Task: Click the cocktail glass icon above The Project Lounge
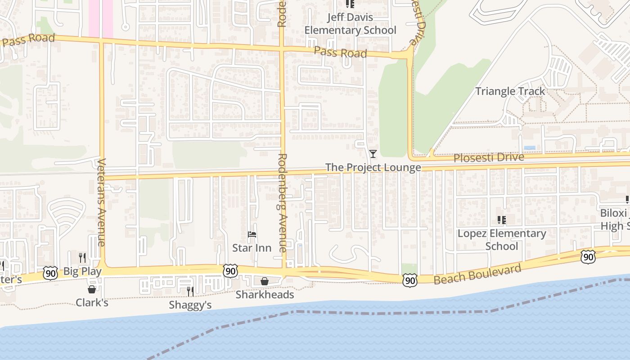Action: pos(373,154)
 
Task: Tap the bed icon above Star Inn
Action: pos(252,234)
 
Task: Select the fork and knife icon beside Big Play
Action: pos(82,257)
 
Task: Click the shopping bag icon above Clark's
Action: pos(92,289)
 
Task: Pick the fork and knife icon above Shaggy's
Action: pos(190,292)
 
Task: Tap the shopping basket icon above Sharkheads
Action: pos(265,281)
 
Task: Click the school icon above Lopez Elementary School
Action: pos(502,220)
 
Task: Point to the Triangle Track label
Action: pos(510,91)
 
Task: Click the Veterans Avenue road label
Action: pos(101,202)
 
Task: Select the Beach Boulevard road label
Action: pos(477,274)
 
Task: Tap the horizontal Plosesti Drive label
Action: pos(489,158)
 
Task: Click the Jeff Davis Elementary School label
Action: pos(350,24)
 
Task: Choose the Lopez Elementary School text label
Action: pos(502,240)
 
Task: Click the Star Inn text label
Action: pos(252,248)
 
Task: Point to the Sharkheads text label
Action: pos(265,295)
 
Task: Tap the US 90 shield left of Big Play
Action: pos(50,273)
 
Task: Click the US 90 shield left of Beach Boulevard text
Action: pos(410,280)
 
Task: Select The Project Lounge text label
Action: pos(373,168)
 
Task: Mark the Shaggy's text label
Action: pos(190,305)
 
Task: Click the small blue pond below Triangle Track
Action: pos(530,148)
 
